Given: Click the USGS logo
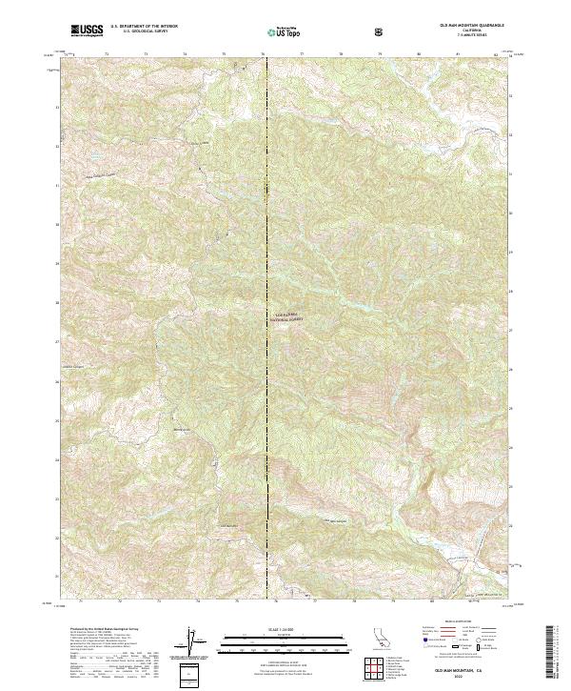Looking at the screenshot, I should pos(88,31).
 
